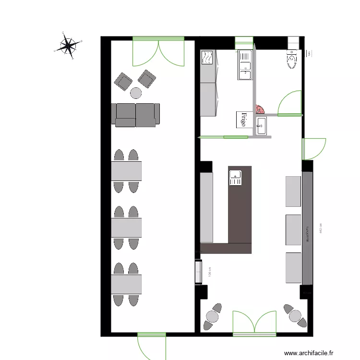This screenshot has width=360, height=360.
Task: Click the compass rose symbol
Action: [x=69, y=46]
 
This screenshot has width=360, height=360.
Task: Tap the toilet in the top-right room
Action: [x=292, y=59]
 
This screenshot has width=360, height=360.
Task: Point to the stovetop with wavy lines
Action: [x=207, y=59]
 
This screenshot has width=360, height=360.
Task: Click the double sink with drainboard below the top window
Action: [x=245, y=65]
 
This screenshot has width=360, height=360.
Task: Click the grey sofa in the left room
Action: [x=136, y=115]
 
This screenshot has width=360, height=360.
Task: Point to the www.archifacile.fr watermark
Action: [x=308, y=353]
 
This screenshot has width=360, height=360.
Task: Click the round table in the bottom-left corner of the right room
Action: [x=212, y=316]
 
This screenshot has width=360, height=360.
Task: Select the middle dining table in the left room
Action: [x=126, y=228]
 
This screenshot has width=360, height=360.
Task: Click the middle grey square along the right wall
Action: [x=293, y=229]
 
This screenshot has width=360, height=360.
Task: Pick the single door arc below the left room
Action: [x=151, y=346]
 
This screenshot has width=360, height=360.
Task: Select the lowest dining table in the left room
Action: [x=126, y=284]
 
